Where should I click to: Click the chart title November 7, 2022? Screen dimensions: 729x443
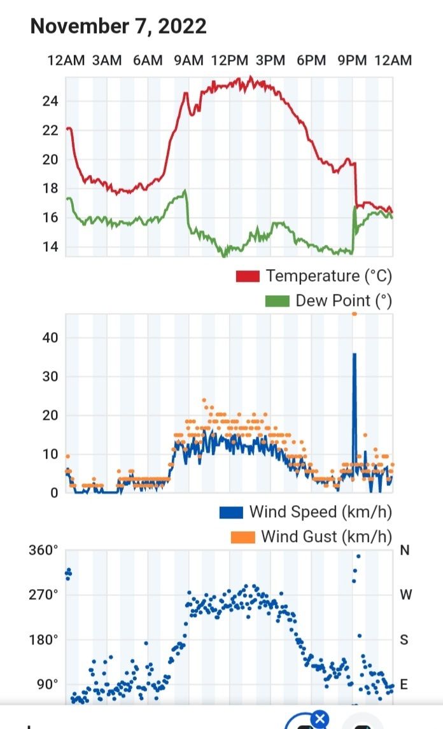click(118, 26)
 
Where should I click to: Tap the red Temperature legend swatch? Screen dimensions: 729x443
click(248, 276)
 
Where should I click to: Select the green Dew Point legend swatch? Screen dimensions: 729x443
click(278, 301)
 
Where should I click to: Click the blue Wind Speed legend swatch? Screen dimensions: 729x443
click(231, 511)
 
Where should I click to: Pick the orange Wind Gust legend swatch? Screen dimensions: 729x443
click(243, 536)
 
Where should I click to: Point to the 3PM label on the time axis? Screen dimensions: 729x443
click(271, 60)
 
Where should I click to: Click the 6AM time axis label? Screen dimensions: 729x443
click(148, 60)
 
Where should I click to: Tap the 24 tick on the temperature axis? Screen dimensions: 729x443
click(50, 101)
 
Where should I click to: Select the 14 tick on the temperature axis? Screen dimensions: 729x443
click(50, 247)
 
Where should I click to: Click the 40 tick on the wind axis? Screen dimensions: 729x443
click(50, 337)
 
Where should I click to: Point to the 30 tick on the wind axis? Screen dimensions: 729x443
click(50, 377)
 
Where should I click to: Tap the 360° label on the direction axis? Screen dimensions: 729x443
click(43, 550)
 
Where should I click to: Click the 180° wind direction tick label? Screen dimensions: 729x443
click(43, 639)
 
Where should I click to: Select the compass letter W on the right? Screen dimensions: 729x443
click(405, 595)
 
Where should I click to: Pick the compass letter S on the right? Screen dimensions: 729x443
click(404, 639)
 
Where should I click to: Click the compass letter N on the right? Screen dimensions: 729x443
click(404, 550)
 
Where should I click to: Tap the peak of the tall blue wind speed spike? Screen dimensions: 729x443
click(355, 354)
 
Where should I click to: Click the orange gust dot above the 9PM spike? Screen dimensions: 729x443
click(355, 314)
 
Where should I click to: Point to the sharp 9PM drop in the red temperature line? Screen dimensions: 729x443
click(356, 184)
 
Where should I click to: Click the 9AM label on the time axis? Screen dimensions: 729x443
click(188, 60)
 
